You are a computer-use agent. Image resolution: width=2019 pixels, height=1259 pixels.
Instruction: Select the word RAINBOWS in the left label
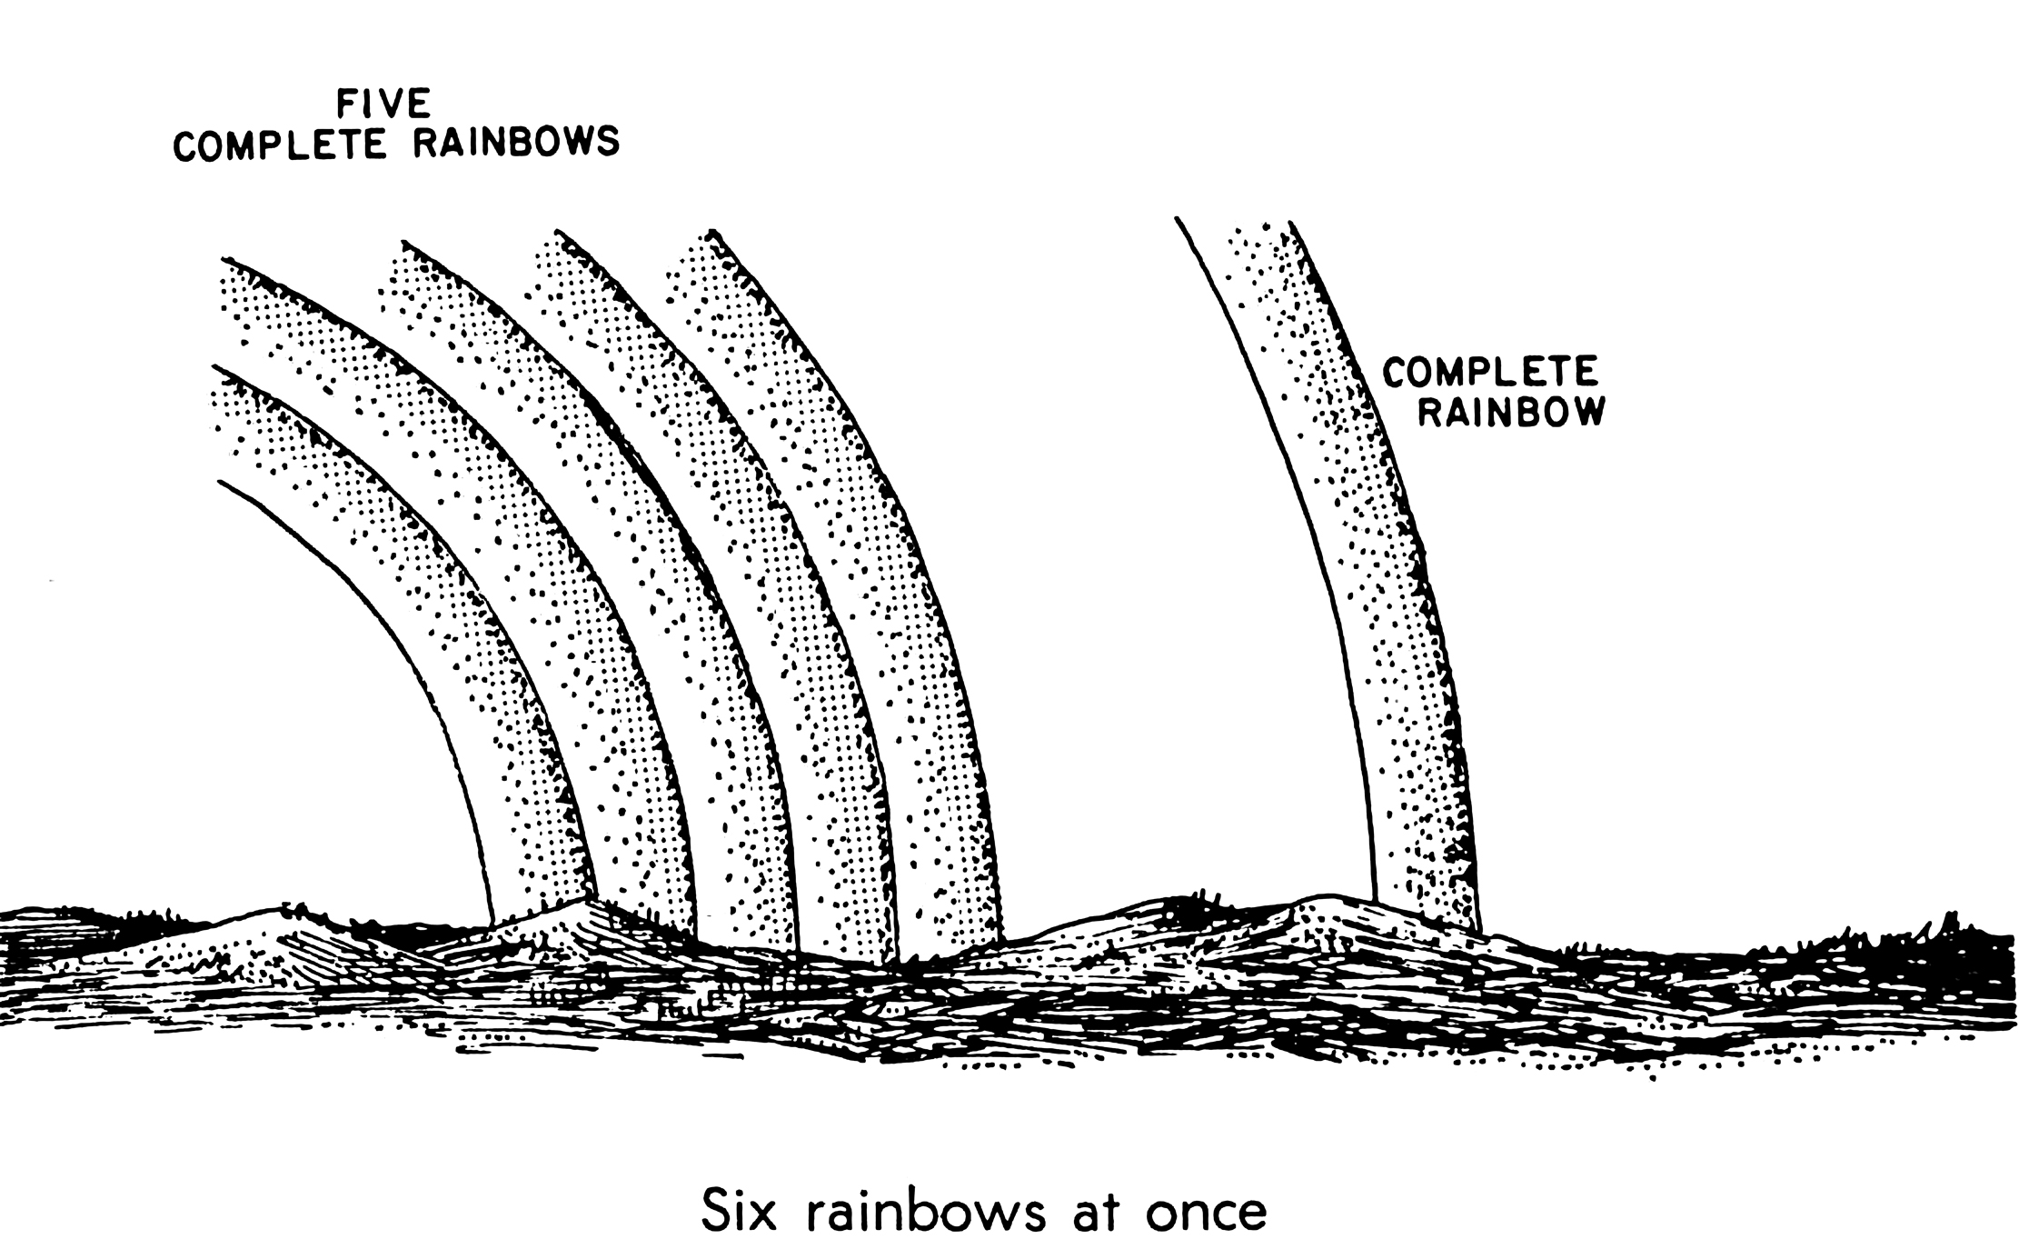click(516, 143)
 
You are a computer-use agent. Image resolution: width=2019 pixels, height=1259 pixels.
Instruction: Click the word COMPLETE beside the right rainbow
click(1490, 372)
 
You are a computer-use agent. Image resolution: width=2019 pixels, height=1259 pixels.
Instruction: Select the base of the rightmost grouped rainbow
click(950, 945)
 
